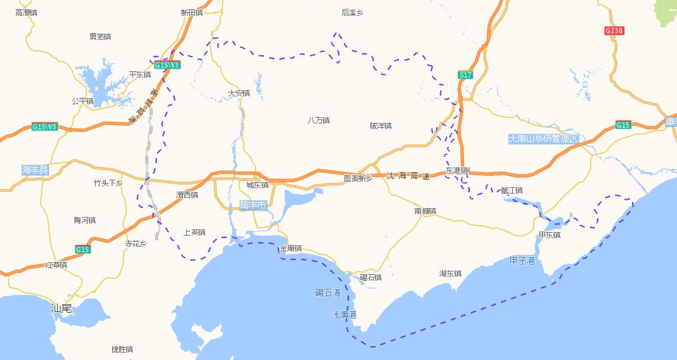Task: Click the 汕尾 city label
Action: click(62, 308)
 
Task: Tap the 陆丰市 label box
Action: click(253, 206)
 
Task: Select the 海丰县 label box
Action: click(35, 170)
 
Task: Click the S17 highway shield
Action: click(466, 75)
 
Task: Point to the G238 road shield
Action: click(614, 31)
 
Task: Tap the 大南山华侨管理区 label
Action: click(543, 138)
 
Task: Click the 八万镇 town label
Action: click(319, 120)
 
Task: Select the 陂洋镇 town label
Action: click(381, 126)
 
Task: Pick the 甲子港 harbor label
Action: click(522, 261)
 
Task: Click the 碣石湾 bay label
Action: click(328, 293)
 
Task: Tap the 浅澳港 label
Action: click(344, 314)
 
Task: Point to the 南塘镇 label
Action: click(425, 211)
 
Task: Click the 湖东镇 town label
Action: click(450, 273)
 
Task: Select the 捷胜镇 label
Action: click(122, 349)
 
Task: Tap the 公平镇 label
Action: click(83, 101)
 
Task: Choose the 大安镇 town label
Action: click(239, 93)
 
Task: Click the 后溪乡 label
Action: click(352, 12)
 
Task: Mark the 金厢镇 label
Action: click(291, 248)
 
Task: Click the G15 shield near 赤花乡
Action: click(82, 249)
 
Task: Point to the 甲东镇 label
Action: click(549, 235)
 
